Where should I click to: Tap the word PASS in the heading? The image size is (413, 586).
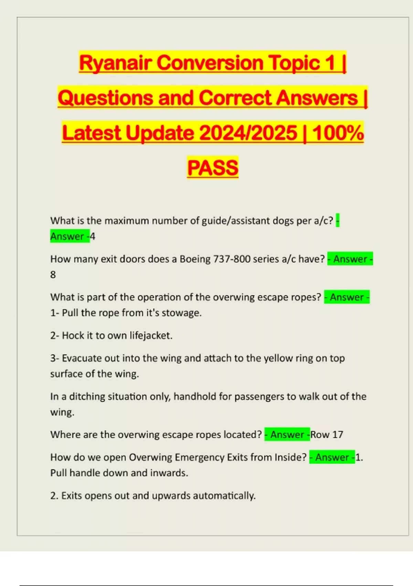pyautogui.click(x=213, y=168)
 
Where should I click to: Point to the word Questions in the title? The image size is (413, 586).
pyautogui.click(x=105, y=98)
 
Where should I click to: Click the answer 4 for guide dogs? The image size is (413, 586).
pyautogui.click(x=93, y=236)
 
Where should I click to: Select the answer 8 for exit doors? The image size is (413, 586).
pyautogui.click(x=53, y=275)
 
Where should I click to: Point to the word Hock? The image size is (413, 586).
pyautogui.click(x=73, y=335)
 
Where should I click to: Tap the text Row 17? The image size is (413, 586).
pyautogui.click(x=327, y=435)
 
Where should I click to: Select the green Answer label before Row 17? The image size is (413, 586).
pyautogui.click(x=287, y=435)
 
